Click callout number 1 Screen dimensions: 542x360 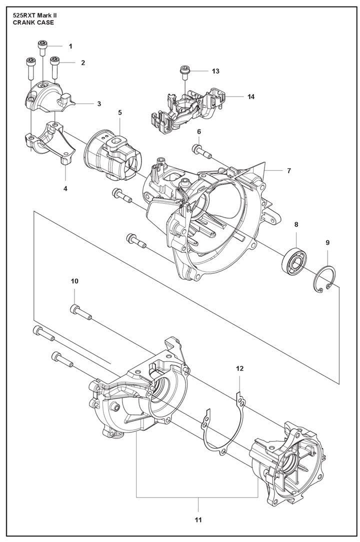click(x=70, y=46)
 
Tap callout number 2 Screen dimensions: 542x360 click(x=83, y=63)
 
